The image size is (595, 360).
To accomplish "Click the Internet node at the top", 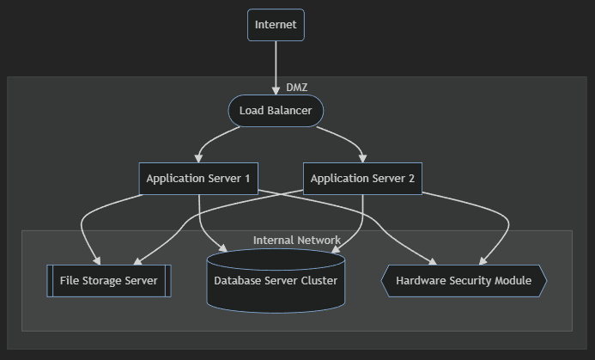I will pyautogui.click(x=276, y=25).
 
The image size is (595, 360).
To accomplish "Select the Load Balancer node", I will pyautogui.click(x=276, y=111).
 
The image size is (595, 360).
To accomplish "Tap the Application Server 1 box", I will pyautogui.click(x=198, y=179).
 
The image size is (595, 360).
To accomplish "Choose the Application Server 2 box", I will pyautogui.click(x=362, y=179).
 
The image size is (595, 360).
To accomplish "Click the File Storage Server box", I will pyautogui.click(x=109, y=281).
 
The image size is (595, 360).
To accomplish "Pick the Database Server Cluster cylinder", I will pyautogui.click(x=276, y=281).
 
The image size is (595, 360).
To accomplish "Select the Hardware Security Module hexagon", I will pyautogui.click(x=464, y=281).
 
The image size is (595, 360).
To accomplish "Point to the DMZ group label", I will pyautogui.click(x=296, y=87).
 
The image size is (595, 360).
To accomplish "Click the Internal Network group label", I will pyautogui.click(x=296, y=241).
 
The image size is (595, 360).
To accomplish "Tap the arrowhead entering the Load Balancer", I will pyautogui.click(x=276, y=90).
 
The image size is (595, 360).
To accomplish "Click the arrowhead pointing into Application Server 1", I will pyautogui.click(x=199, y=158).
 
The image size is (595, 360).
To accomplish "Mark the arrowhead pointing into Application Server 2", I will pyautogui.click(x=362, y=158).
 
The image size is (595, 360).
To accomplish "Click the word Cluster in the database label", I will pyautogui.click(x=317, y=281).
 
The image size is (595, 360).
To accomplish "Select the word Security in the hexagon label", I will pyautogui.click(x=471, y=281).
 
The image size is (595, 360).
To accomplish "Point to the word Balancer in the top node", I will pyautogui.click(x=289, y=111).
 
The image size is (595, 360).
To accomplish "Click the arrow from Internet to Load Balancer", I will pyautogui.click(x=276, y=64).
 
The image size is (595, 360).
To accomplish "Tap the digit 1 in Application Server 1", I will pyautogui.click(x=246, y=179).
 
